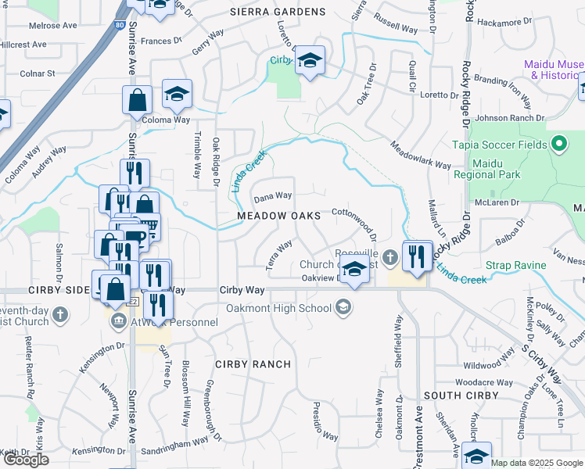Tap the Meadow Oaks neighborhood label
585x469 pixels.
click(x=279, y=215)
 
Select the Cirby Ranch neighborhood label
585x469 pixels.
click(x=253, y=364)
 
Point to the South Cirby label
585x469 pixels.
click(x=461, y=396)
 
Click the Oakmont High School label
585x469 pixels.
click(x=279, y=308)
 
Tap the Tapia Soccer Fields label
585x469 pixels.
click(x=500, y=145)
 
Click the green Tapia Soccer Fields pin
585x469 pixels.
click(x=558, y=144)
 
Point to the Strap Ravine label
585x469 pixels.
click(x=515, y=266)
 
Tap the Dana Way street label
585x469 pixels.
click(x=273, y=195)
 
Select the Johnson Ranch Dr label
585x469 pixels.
click(x=509, y=118)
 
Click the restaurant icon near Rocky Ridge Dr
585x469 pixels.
click(x=416, y=256)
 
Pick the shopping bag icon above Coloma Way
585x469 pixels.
click(x=138, y=102)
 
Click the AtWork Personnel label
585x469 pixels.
click(x=173, y=321)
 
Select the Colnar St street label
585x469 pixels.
click(x=38, y=73)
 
